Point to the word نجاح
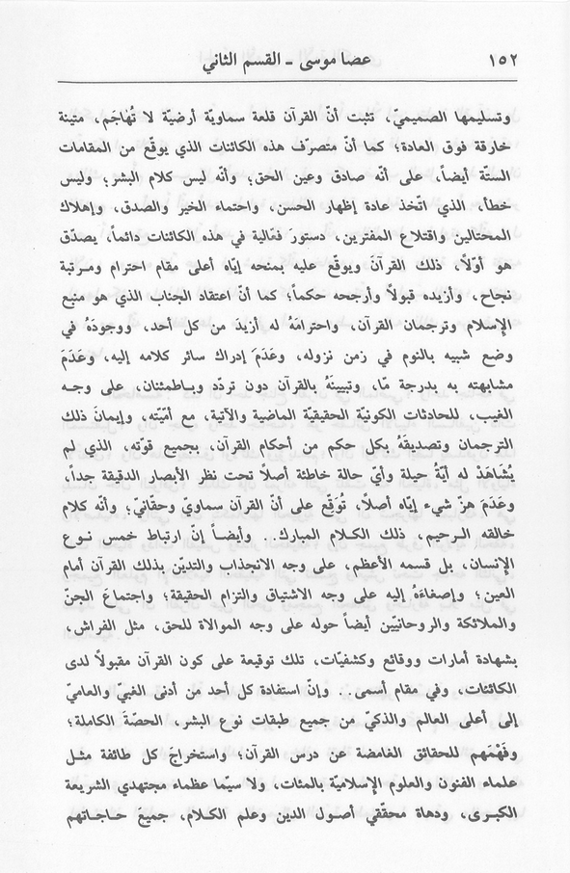click(x=509, y=318)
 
